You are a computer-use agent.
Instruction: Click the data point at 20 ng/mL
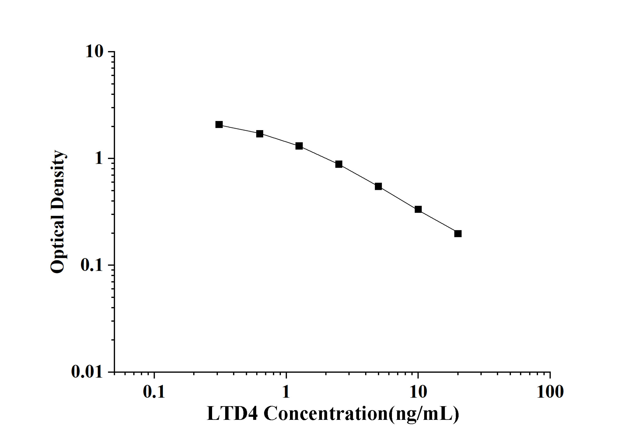[458, 234]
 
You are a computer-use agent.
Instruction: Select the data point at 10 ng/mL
[418, 209]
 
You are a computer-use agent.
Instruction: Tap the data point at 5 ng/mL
[378, 186]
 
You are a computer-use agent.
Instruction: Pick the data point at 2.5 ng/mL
[339, 164]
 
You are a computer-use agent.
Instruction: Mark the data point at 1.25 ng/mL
[299, 146]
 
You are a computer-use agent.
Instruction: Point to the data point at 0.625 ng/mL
[260, 134]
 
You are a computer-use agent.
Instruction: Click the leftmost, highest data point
[219, 125]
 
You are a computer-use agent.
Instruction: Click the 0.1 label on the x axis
[154, 392]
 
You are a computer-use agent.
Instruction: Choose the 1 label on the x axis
[286, 392]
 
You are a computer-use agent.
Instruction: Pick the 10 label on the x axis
[418, 392]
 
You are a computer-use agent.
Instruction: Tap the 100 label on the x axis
[550, 392]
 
